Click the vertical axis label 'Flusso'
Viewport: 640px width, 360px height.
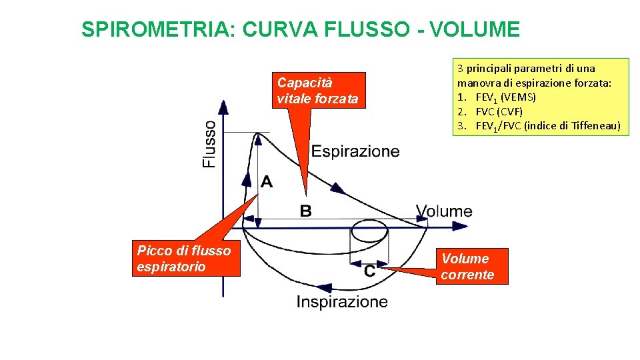click(x=209, y=143)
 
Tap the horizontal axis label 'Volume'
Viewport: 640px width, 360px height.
click(x=444, y=211)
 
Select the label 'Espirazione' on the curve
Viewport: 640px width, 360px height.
click(x=355, y=151)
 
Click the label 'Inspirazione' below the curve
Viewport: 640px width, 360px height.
click(x=342, y=302)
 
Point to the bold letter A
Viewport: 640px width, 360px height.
click(x=267, y=181)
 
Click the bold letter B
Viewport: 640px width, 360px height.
click(x=305, y=211)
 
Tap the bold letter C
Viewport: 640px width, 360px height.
click(x=369, y=271)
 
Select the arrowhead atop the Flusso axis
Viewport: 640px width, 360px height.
click(x=223, y=105)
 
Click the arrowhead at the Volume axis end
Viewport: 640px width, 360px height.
click(x=461, y=227)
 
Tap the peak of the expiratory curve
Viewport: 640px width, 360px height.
click(x=256, y=133)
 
